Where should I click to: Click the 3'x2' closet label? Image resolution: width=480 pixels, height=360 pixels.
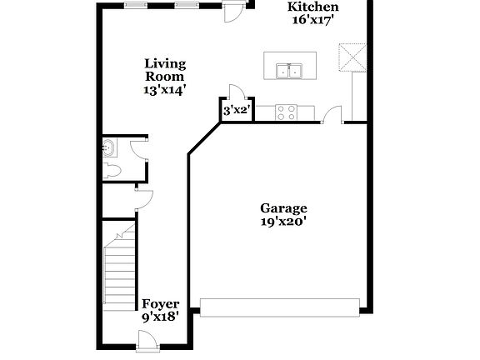tap(236, 109)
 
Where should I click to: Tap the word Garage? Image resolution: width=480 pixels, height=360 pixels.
tap(283, 208)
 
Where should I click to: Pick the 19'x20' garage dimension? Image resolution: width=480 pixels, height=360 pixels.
tap(283, 222)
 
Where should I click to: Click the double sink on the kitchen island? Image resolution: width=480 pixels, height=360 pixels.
tap(290, 72)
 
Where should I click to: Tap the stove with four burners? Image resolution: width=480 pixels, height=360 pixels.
tap(287, 112)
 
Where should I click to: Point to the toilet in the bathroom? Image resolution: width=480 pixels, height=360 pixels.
tap(112, 170)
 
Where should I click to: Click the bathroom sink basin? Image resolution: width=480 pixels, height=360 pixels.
tap(108, 148)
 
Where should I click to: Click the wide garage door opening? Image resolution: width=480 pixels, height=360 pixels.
tap(282, 309)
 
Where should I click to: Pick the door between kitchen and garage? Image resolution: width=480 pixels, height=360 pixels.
tap(333, 115)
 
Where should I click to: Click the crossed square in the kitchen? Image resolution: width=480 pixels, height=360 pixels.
tap(352, 58)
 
